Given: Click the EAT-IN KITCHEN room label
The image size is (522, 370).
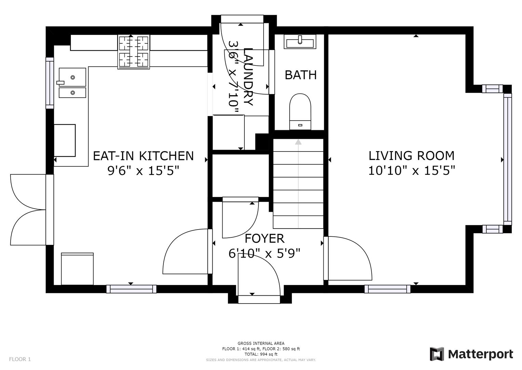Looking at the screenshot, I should point(143,156).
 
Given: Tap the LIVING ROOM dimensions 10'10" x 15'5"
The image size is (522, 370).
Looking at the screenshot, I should point(412,170).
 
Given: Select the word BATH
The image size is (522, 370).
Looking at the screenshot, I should point(300,75).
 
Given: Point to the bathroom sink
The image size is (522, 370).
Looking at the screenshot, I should point(300,42).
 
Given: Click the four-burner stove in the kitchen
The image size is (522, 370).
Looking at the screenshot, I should point(134,52).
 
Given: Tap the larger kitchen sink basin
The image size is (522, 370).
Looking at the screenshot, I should point(72,77).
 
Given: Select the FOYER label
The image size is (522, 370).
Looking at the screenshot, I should point(265,238).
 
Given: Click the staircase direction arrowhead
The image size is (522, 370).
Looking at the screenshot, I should point(298,141).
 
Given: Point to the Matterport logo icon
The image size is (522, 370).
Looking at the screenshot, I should point(437,354).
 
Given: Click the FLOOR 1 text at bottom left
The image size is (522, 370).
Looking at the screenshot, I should point(20,359).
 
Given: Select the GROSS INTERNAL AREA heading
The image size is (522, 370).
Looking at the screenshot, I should point(261,343).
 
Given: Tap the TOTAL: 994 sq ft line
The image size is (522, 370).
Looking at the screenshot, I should point(261,354).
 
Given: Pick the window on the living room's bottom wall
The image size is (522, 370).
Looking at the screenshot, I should point(387,289).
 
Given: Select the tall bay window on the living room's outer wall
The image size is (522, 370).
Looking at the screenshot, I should point(507,159).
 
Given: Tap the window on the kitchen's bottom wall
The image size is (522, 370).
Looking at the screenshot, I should point(131,289).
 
